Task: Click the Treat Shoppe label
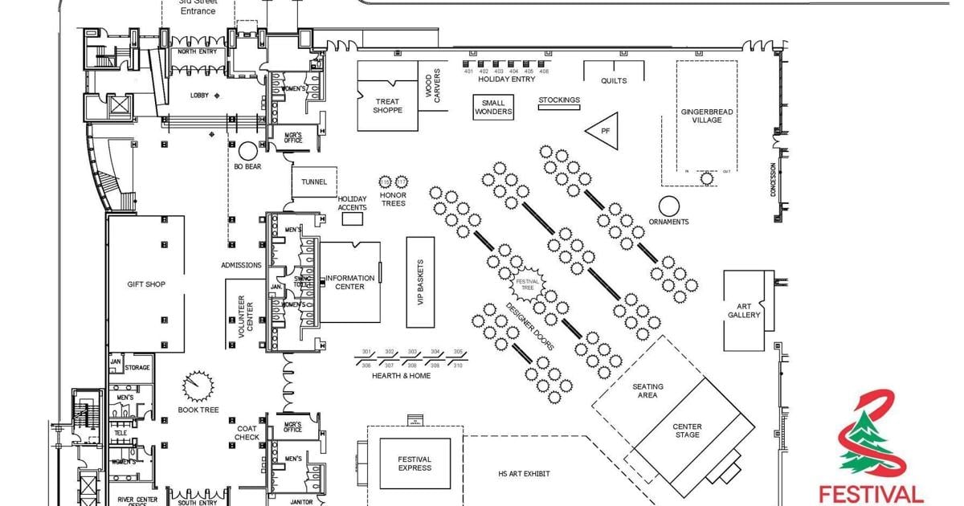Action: coord(388,106)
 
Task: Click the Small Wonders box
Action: coord(493,108)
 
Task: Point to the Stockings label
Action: coord(559,100)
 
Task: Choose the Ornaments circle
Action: coord(669,205)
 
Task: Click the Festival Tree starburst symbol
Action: coord(527,284)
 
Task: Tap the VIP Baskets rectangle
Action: coord(420,282)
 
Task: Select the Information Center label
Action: coord(349,283)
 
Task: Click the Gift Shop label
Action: coord(146,284)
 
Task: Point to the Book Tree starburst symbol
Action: coord(197,386)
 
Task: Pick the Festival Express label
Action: coord(415,463)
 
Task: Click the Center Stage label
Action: coord(687,431)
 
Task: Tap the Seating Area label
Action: coord(647,390)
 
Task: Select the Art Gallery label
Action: coord(744,310)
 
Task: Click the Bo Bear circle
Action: coord(247,149)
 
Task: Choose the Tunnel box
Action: coord(314,182)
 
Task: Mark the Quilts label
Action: coord(614,81)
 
